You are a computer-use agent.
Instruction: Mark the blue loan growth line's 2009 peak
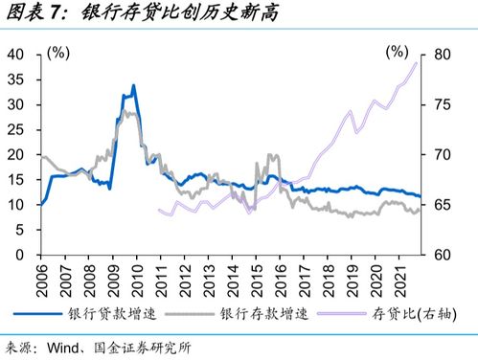point(132,86)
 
